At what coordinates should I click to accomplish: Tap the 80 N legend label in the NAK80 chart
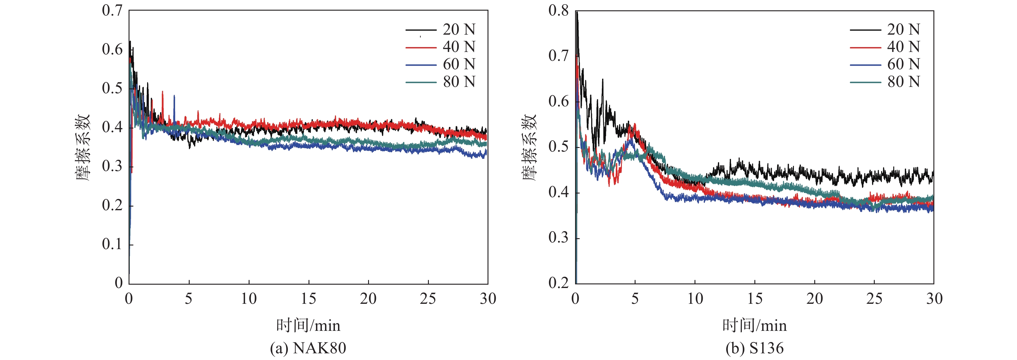(x=459, y=82)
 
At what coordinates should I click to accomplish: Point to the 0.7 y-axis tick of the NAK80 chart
(x=112, y=11)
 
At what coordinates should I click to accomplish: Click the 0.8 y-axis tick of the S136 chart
(x=559, y=11)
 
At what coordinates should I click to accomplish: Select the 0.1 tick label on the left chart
(x=112, y=244)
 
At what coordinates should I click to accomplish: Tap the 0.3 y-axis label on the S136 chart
(x=559, y=238)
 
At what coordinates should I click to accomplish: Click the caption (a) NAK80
(x=308, y=348)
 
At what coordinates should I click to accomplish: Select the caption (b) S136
(x=754, y=348)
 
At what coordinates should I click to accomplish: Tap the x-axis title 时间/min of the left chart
(x=308, y=326)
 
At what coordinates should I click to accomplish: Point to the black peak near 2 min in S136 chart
(x=602, y=80)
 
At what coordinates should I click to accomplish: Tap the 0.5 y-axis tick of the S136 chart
(x=559, y=147)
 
